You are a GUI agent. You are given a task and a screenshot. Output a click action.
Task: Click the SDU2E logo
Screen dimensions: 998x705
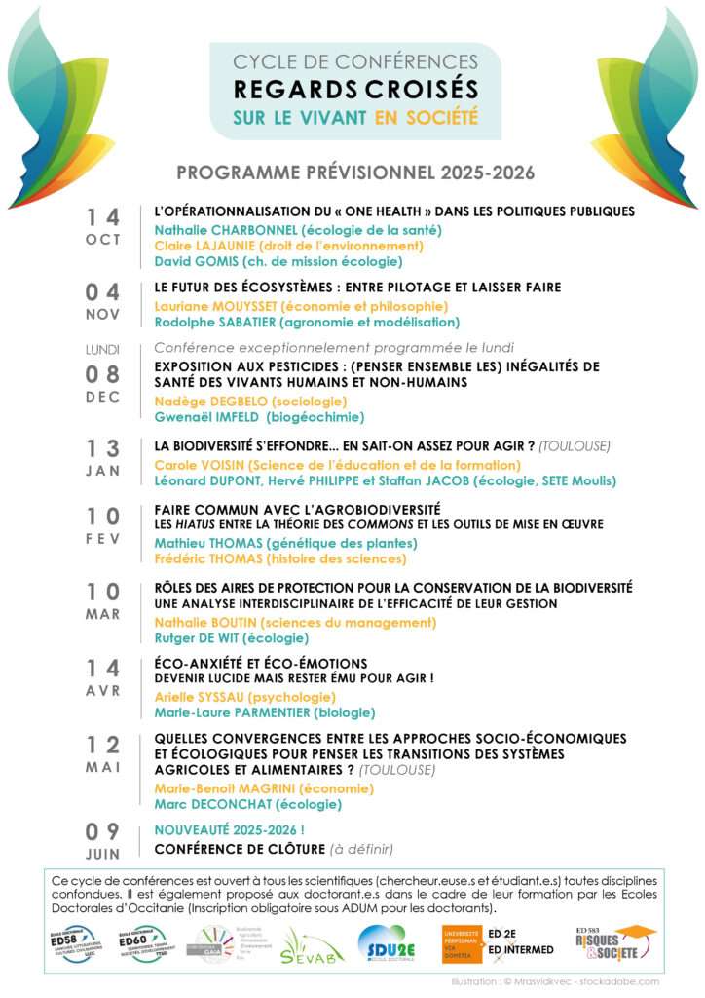(388, 943)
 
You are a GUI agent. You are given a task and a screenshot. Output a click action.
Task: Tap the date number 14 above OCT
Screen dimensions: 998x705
(103, 216)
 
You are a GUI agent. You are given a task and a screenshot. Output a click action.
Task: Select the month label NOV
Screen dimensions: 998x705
(103, 315)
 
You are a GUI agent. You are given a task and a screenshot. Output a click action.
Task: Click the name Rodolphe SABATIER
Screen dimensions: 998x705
(216, 322)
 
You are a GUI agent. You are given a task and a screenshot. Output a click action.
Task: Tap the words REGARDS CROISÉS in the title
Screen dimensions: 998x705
(355, 90)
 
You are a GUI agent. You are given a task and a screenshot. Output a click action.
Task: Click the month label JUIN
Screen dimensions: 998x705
(103, 855)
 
